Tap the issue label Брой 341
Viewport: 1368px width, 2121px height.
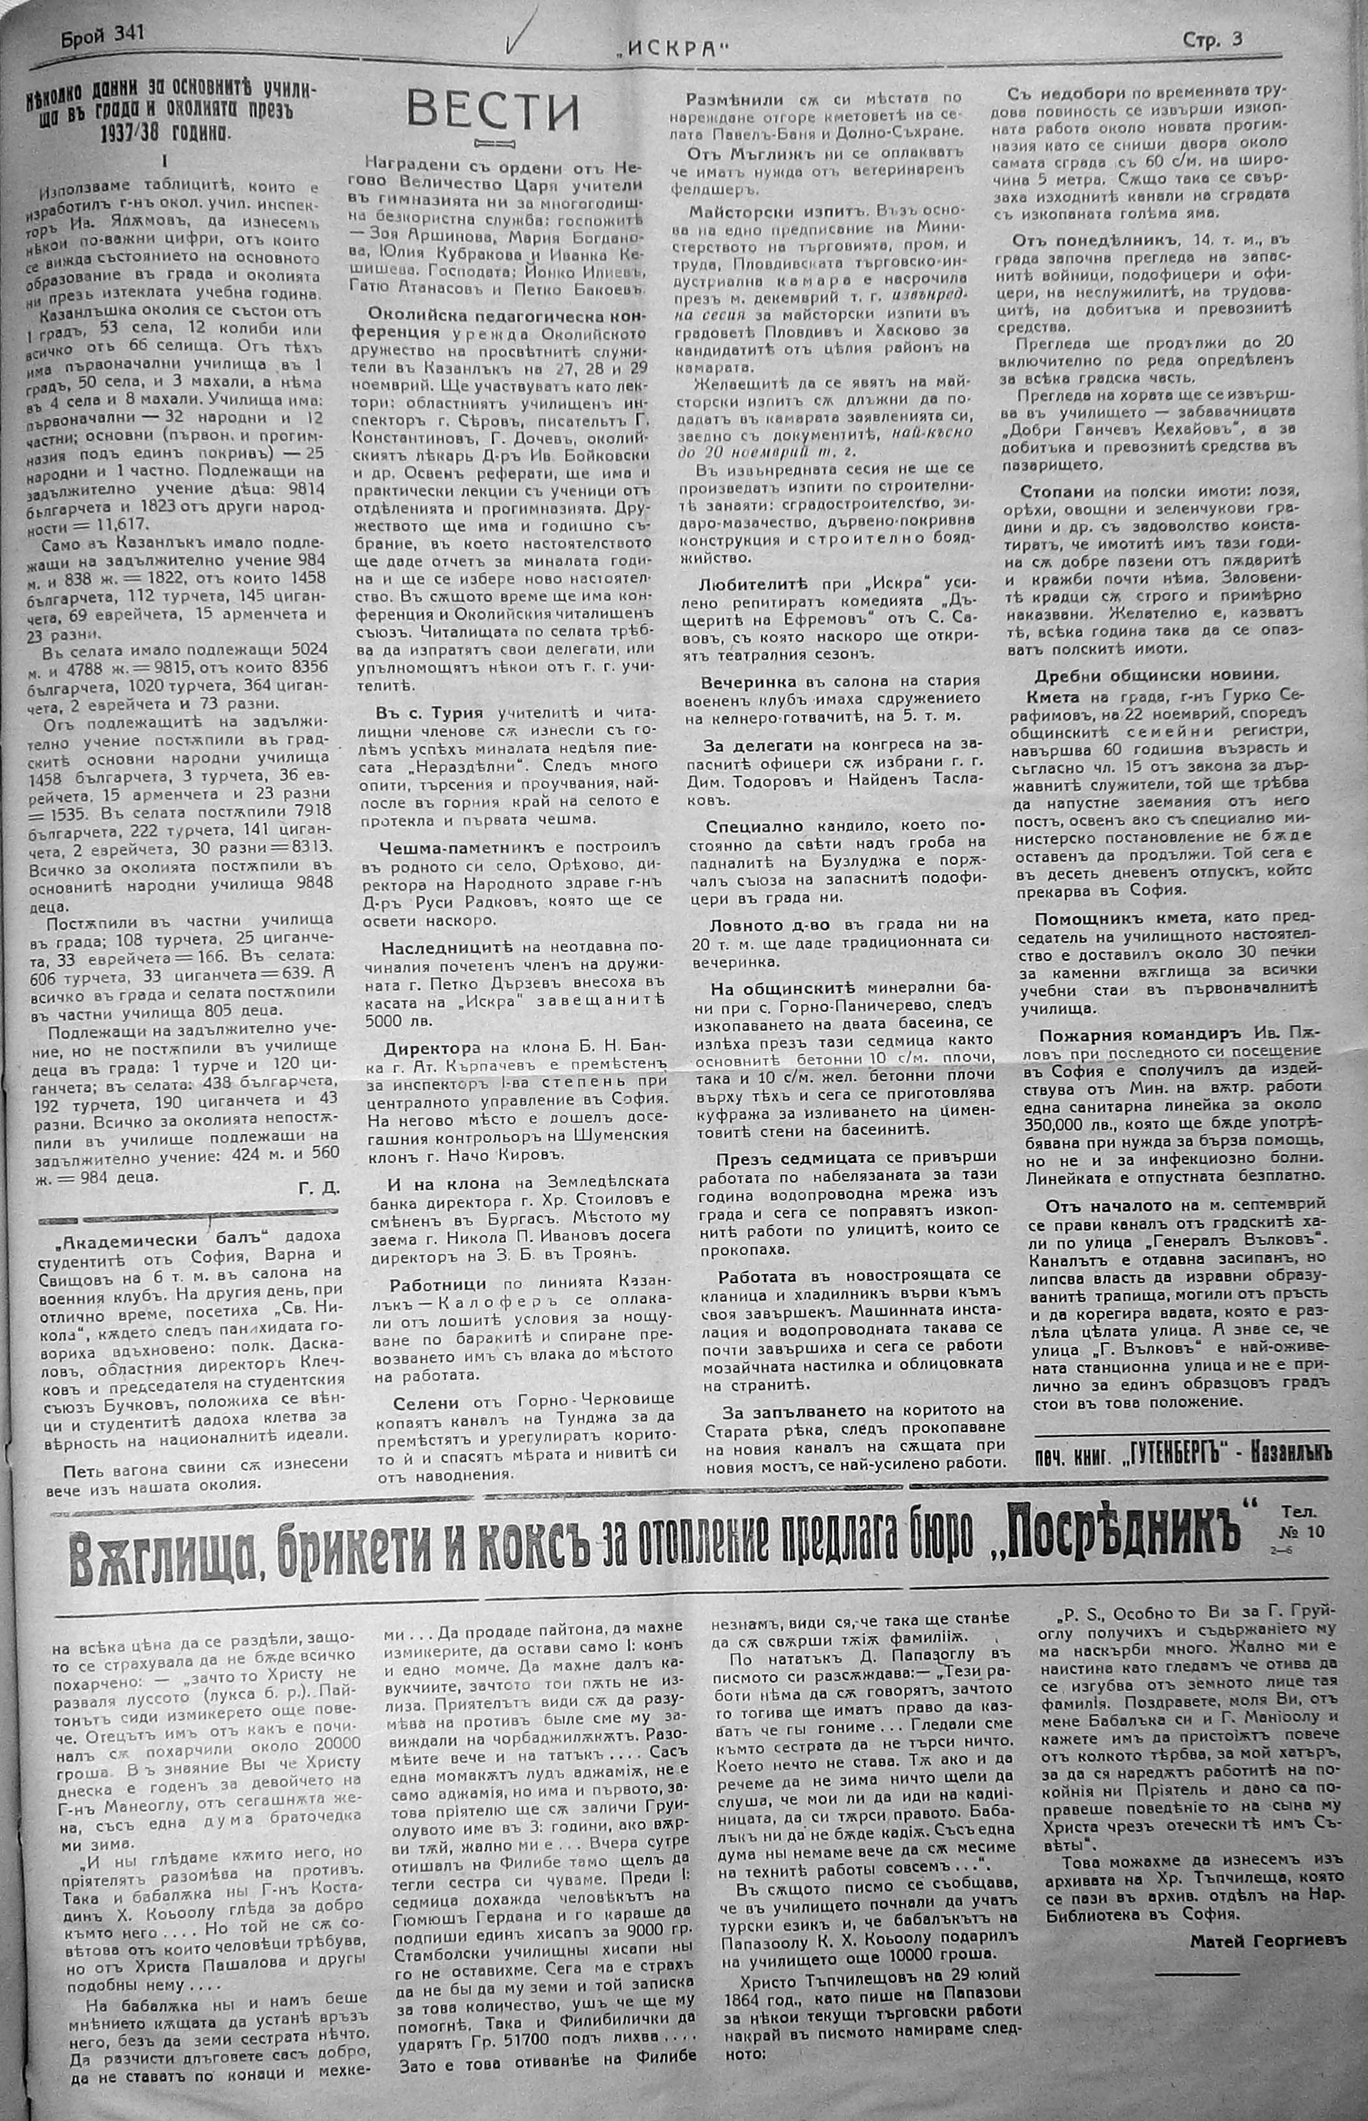102,36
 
